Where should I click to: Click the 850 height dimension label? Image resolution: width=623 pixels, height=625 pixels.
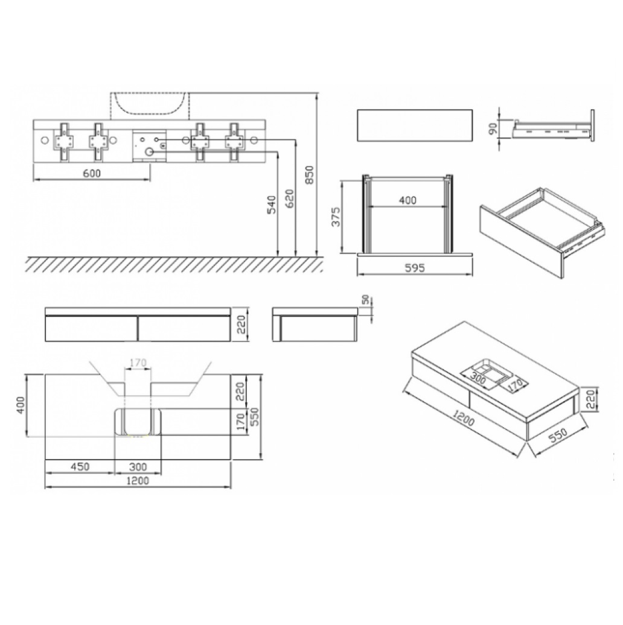click(x=310, y=175)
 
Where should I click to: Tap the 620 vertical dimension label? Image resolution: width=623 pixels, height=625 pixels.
click(x=289, y=198)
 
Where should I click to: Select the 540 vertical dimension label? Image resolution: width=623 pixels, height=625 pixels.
click(x=271, y=205)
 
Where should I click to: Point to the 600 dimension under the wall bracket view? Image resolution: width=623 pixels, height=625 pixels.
click(x=92, y=173)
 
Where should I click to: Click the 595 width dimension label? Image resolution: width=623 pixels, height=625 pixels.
click(x=415, y=268)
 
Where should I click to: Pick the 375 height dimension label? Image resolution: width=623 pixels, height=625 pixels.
click(x=336, y=217)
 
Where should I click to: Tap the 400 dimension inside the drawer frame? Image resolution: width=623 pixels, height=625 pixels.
click(x=407, y=200)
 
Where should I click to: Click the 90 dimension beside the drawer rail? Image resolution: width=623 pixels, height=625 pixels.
click(x=493, y=128)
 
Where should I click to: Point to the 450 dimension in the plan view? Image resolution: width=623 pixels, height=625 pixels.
click(x=80, y=466)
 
